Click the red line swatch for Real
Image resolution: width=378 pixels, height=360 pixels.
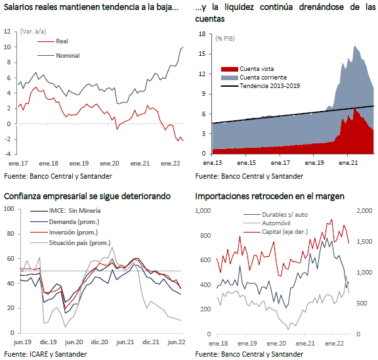click(x=45, y=41)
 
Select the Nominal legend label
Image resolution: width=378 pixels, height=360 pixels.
click(x=68, y=56)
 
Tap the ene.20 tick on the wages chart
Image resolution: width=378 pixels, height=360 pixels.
click(x=110, y=164)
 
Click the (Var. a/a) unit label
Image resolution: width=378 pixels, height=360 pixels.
click(x=33, y=32)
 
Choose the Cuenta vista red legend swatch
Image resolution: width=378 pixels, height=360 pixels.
click(x=229, y=69)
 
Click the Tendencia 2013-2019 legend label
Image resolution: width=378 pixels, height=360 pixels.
click(x=270, y=86)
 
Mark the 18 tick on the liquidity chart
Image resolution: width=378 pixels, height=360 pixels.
click(x=202, y=34)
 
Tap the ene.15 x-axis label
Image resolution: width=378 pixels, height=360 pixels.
click(x=246, y=163)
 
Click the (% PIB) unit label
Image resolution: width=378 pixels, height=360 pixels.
click(x=225, y=39)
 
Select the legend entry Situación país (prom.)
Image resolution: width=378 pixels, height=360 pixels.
click(x=79, y=243)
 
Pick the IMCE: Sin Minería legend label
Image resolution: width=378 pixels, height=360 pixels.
click(x=75, y=211)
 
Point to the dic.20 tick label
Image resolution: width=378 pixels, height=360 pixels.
click(x=99, y=342)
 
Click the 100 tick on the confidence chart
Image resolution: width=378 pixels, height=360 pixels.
click(x=9, y=209)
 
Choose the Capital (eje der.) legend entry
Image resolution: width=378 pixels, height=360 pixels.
click(x=285, y=232)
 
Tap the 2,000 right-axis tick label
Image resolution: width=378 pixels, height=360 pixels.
click(x=364, y=211)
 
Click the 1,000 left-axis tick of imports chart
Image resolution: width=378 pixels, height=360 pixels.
click(x=203, y=211)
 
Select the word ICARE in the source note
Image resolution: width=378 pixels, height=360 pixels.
click(x=39, y=354)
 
